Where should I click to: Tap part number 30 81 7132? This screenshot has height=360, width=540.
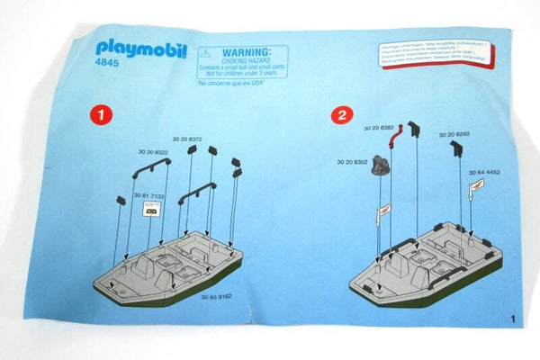[148, 195]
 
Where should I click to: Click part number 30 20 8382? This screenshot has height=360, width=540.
[377, 129]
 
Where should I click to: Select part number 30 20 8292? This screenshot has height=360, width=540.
[454, 134]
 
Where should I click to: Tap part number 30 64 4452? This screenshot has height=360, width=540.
[483, 171]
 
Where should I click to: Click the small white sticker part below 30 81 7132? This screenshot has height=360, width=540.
[153, 207]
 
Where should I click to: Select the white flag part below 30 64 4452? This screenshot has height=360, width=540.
[475, 185]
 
